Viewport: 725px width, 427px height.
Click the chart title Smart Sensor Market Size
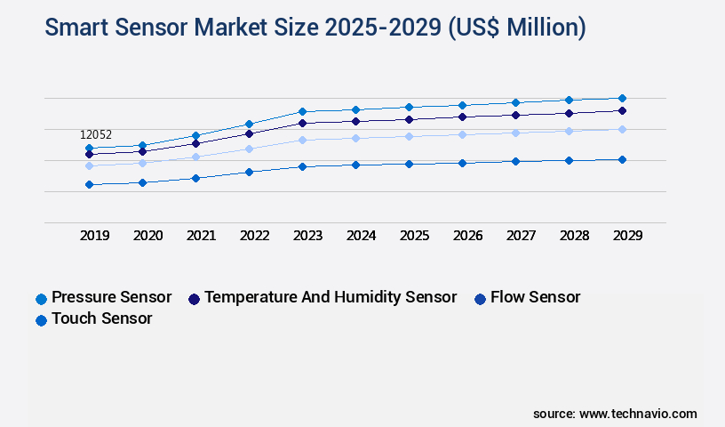coord(315,28)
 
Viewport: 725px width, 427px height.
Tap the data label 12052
coord(96,135)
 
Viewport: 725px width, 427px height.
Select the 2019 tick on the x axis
coord(95,236)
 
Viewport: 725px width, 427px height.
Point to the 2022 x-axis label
coord(255,236)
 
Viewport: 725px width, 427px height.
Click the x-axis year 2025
coord(414,236)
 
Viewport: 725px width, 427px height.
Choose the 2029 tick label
coord(627,236)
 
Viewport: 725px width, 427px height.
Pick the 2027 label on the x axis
coord(521,236)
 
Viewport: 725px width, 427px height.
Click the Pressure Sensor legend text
coord(111,297)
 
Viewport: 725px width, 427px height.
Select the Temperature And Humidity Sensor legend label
coord(331,297)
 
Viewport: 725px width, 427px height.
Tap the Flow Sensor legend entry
coord(535,297)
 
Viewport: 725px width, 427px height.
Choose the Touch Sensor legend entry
coord(101,318)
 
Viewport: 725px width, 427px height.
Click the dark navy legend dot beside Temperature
coord(194,298)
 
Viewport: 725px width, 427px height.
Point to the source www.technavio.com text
coord(615,414)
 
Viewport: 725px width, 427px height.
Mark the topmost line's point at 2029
coord(622,98)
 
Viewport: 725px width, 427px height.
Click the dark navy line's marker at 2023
coord(302,123)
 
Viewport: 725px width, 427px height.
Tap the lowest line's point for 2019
coord(89,184)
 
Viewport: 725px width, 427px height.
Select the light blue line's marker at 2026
coord(462,134)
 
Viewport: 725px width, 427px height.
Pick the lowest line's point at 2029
coord(622,159)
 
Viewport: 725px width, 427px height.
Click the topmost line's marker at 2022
coord(249,124)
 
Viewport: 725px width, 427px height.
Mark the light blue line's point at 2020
coord(142,163)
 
